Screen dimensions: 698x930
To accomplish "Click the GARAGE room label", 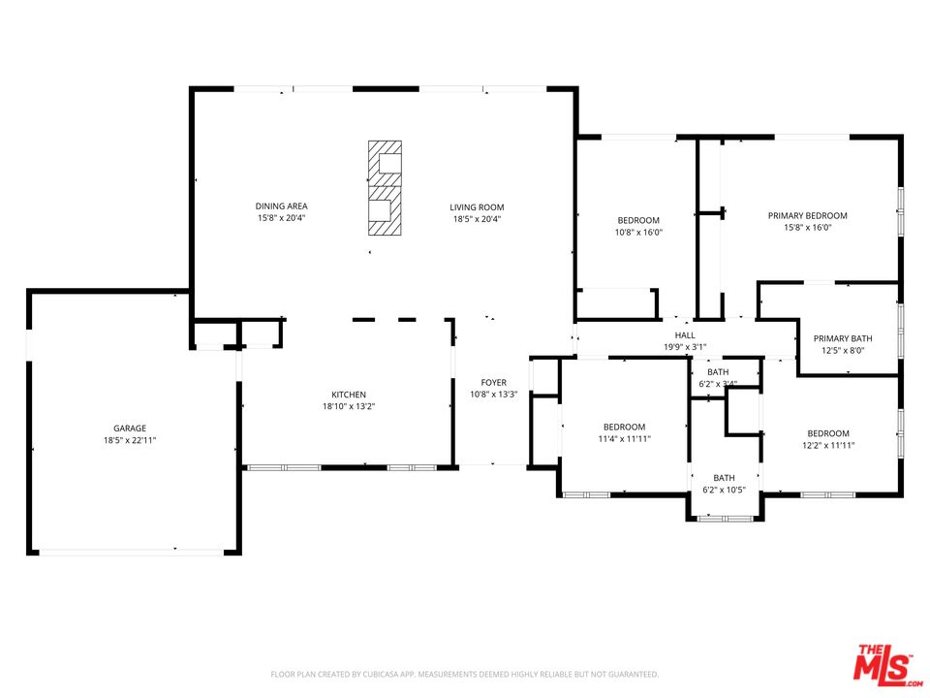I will pyautogui.click(x=129, y=428).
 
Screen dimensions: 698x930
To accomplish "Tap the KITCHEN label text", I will pyautogui.click(x=349, y=395).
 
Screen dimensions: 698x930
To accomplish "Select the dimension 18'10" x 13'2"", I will pyautogui.click(x=349, y=406).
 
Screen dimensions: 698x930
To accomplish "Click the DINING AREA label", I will pyautogui.click(x=281, y=206).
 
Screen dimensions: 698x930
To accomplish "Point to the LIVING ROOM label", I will pyautogui.click(x=477, y=206).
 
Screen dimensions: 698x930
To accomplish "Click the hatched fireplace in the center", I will pyautogui.click(x=385, y=188).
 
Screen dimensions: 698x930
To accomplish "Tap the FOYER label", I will pyautogui.click(x=494, y=383).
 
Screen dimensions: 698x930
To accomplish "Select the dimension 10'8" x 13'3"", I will pyautogui.click(x=494, y=395).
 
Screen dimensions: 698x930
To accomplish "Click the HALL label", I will pyautogui.click(x=685, y=335).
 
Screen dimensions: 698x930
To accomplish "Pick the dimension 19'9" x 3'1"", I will pyautogui.click(x=685, y=347).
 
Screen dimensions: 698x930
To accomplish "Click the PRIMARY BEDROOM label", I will pyautogui.click(x=807, y=215).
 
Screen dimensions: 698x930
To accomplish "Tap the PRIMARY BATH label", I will pyautogui.click(x=838, y=338).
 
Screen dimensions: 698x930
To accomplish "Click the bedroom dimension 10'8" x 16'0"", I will pyautogui.click(x=637, y=232).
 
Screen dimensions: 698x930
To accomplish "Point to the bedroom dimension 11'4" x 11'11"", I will pyautogui.click(x=624, y=438).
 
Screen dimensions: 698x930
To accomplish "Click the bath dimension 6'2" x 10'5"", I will pyautogui.click(x=724, y=490).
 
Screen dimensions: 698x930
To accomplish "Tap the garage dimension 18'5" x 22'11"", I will pyautogui.click(x=129, y=439).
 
